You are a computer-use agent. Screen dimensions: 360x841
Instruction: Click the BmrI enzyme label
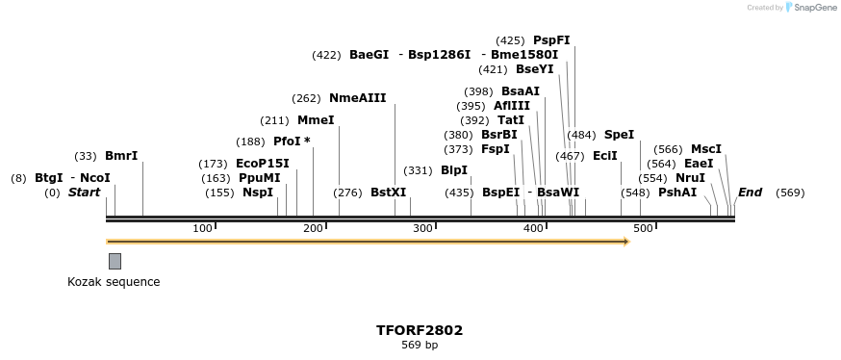click(x=121, y=156)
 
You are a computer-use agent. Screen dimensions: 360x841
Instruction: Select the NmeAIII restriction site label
click(x=357, y=98)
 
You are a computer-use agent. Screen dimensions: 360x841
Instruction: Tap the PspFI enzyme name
click(x=551, y=40)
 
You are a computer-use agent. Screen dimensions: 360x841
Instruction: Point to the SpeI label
click(x=619, y=135)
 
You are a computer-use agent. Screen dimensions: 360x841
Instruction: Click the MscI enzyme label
click(x=706, y=149)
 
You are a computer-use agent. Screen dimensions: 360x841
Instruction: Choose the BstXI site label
click(x=389, y=193)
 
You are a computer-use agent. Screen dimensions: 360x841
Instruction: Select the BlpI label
click(x=454, y=170)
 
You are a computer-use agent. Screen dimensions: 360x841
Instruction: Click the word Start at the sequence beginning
click(x=84, y=193)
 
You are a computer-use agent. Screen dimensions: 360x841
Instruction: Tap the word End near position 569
click(x=750, y=193)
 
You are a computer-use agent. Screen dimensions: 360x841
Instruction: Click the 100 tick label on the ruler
click(x=202, y=228)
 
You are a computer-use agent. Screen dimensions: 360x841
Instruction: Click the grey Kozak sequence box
click(x=115, y=261)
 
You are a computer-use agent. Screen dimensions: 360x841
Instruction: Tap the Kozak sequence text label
click(x=114, y=282)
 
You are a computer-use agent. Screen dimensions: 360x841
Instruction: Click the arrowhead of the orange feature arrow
click(x=626, y=242)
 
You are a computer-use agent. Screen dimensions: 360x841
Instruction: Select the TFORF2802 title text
click(x=420, y=330)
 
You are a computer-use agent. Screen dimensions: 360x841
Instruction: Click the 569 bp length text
click(x=420, y=345)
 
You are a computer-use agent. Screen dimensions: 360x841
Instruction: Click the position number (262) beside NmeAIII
click(x=307, y=98)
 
